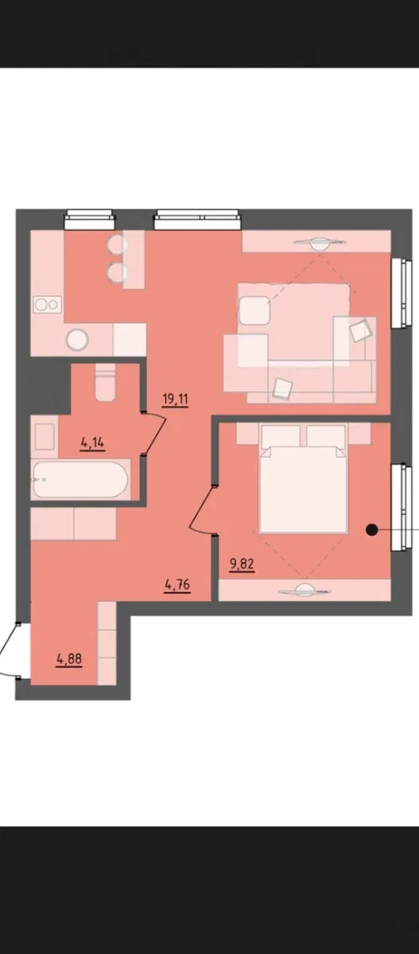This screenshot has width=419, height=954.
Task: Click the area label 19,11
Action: (175, 399)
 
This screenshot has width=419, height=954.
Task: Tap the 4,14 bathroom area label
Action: (92, 443)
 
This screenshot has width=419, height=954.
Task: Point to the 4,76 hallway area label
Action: (178, 585)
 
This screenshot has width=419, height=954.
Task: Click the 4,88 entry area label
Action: (69, 658)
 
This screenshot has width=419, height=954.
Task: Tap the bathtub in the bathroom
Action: (81, 480)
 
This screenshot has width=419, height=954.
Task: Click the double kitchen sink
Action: (47, 304)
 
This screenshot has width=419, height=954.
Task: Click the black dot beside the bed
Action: (371, 530)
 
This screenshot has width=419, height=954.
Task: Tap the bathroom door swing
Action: (156, 431)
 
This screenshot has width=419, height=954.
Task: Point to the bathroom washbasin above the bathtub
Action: (45, 437)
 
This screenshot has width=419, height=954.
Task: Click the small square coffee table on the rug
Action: (254, 311)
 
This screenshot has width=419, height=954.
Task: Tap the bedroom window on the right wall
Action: (399, 509)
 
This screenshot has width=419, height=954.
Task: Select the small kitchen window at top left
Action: (89, 218)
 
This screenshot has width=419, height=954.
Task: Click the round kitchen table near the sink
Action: (77, 339)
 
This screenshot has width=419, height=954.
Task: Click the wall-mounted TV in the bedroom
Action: (304, 589)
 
